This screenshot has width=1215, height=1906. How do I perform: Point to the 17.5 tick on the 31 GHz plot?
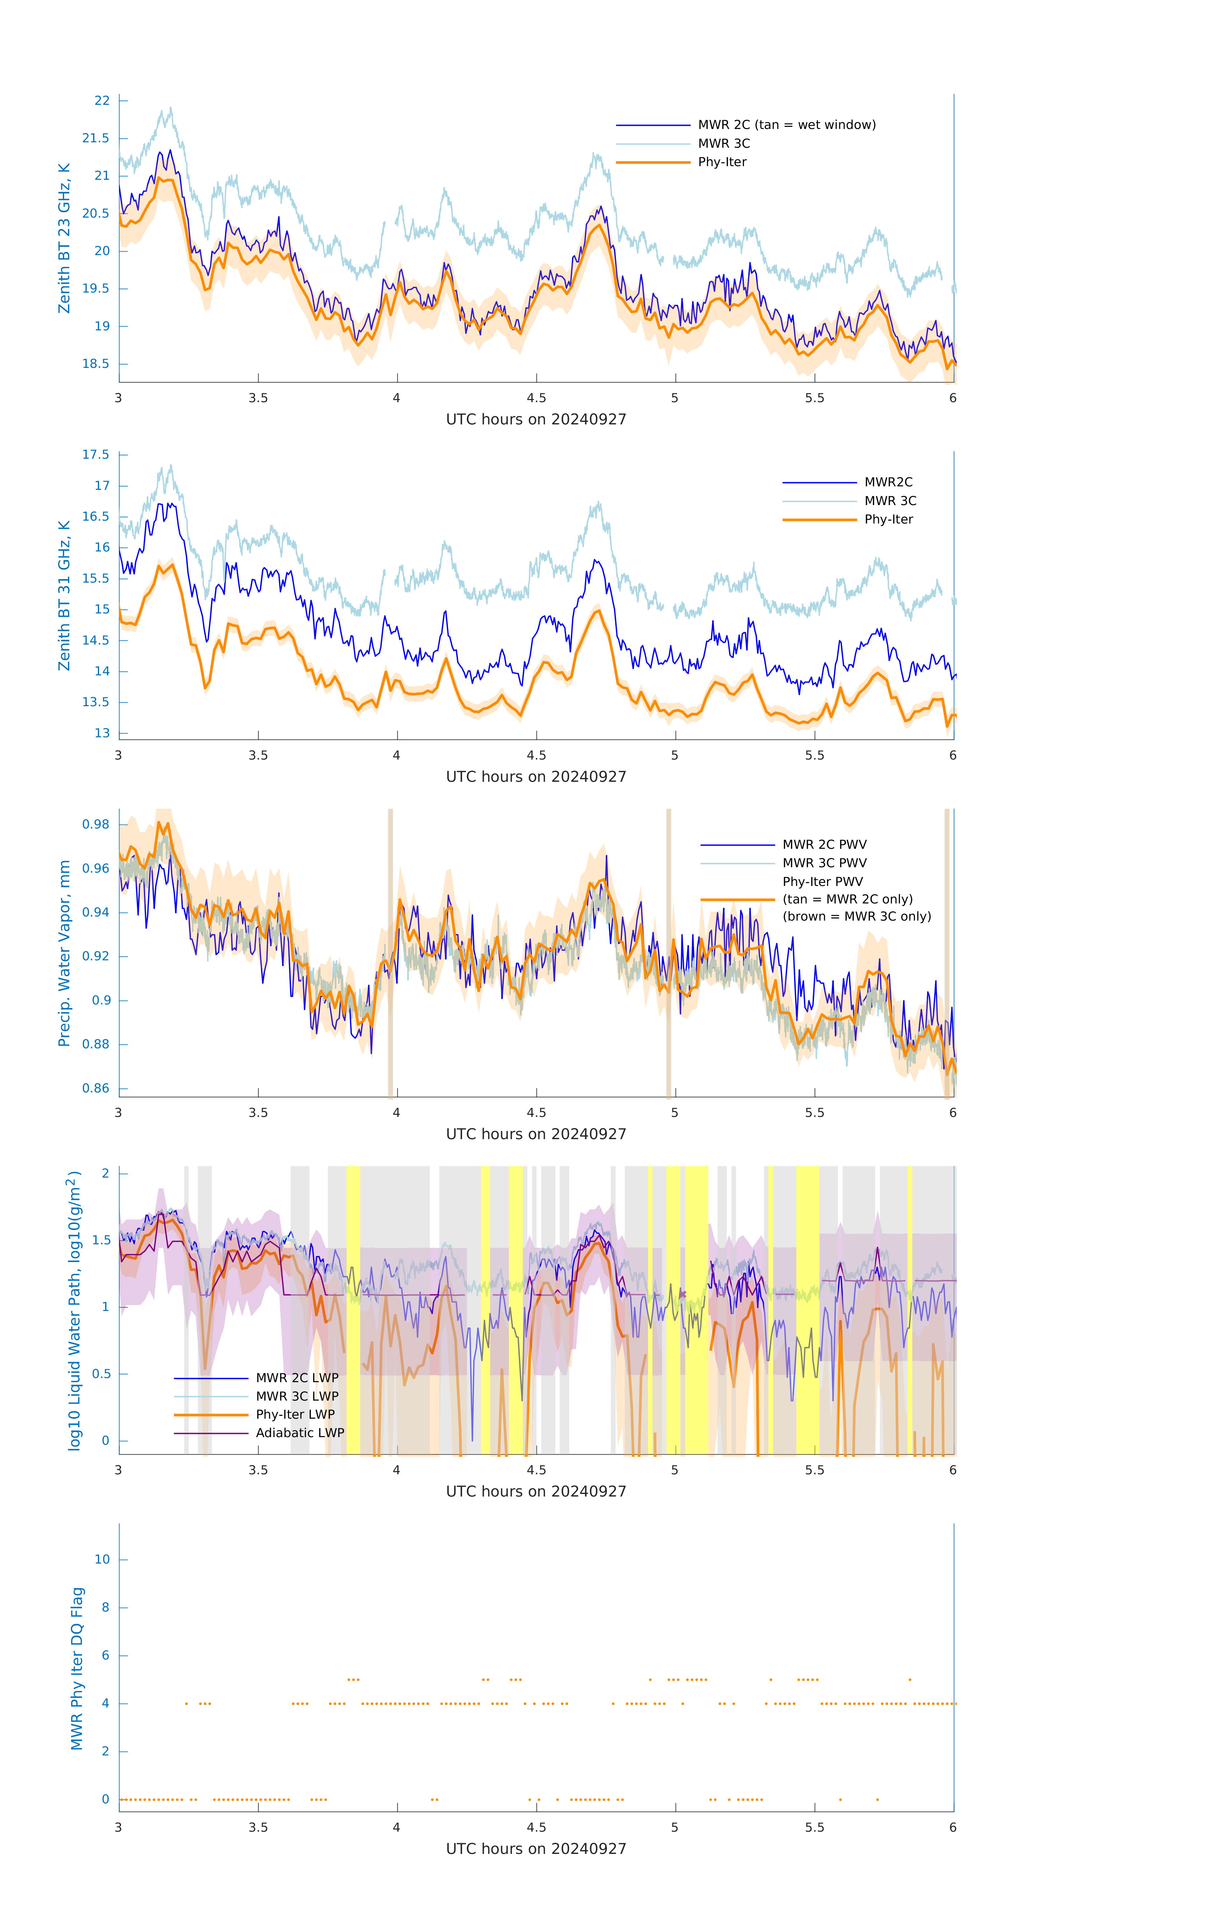coord(96,454)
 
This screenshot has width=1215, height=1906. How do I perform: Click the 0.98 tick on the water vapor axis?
coord(96,824)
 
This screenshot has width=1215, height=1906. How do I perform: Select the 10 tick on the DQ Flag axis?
coord(102,1559)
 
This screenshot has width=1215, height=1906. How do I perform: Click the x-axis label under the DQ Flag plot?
coord(536,1849)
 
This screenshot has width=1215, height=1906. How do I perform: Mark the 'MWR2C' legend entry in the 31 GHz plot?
coord(888,482)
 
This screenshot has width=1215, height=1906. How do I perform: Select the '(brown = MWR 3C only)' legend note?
coord(856,916)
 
